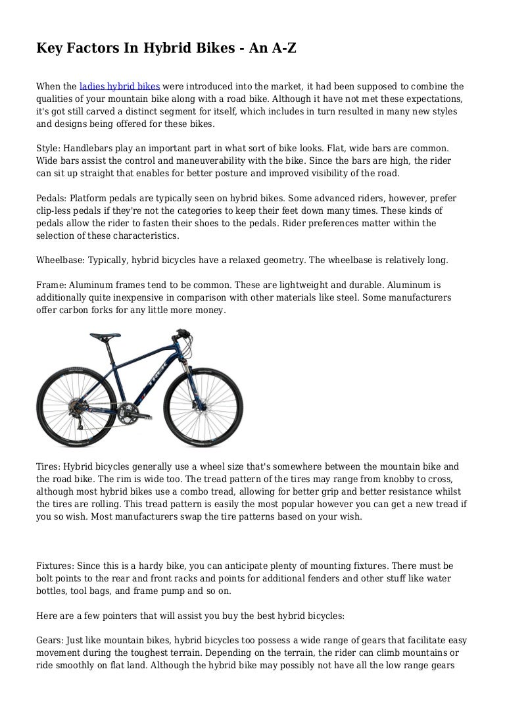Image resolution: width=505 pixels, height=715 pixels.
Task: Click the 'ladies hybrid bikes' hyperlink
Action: pos(119,86)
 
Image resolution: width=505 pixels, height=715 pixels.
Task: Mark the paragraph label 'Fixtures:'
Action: pos(56,566)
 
